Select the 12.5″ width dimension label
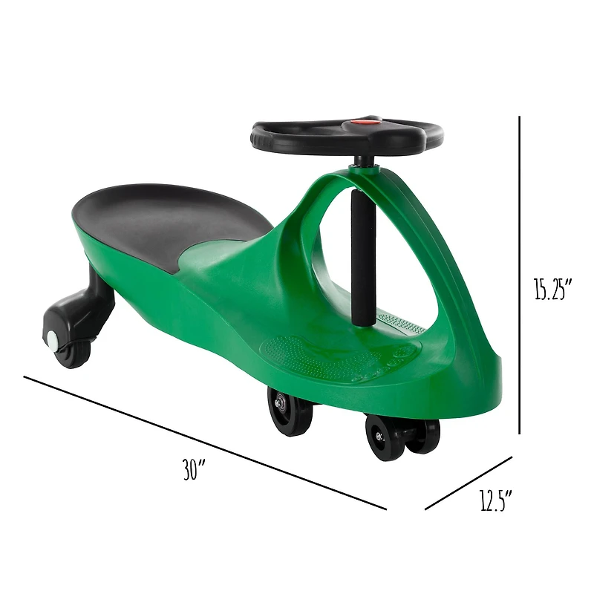(496, 503)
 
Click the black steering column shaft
(361, 260)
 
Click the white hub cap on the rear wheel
(52, 339)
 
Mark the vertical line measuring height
(519, 275)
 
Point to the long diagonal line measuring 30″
(204, 443)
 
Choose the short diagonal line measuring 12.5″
(469, 483)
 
